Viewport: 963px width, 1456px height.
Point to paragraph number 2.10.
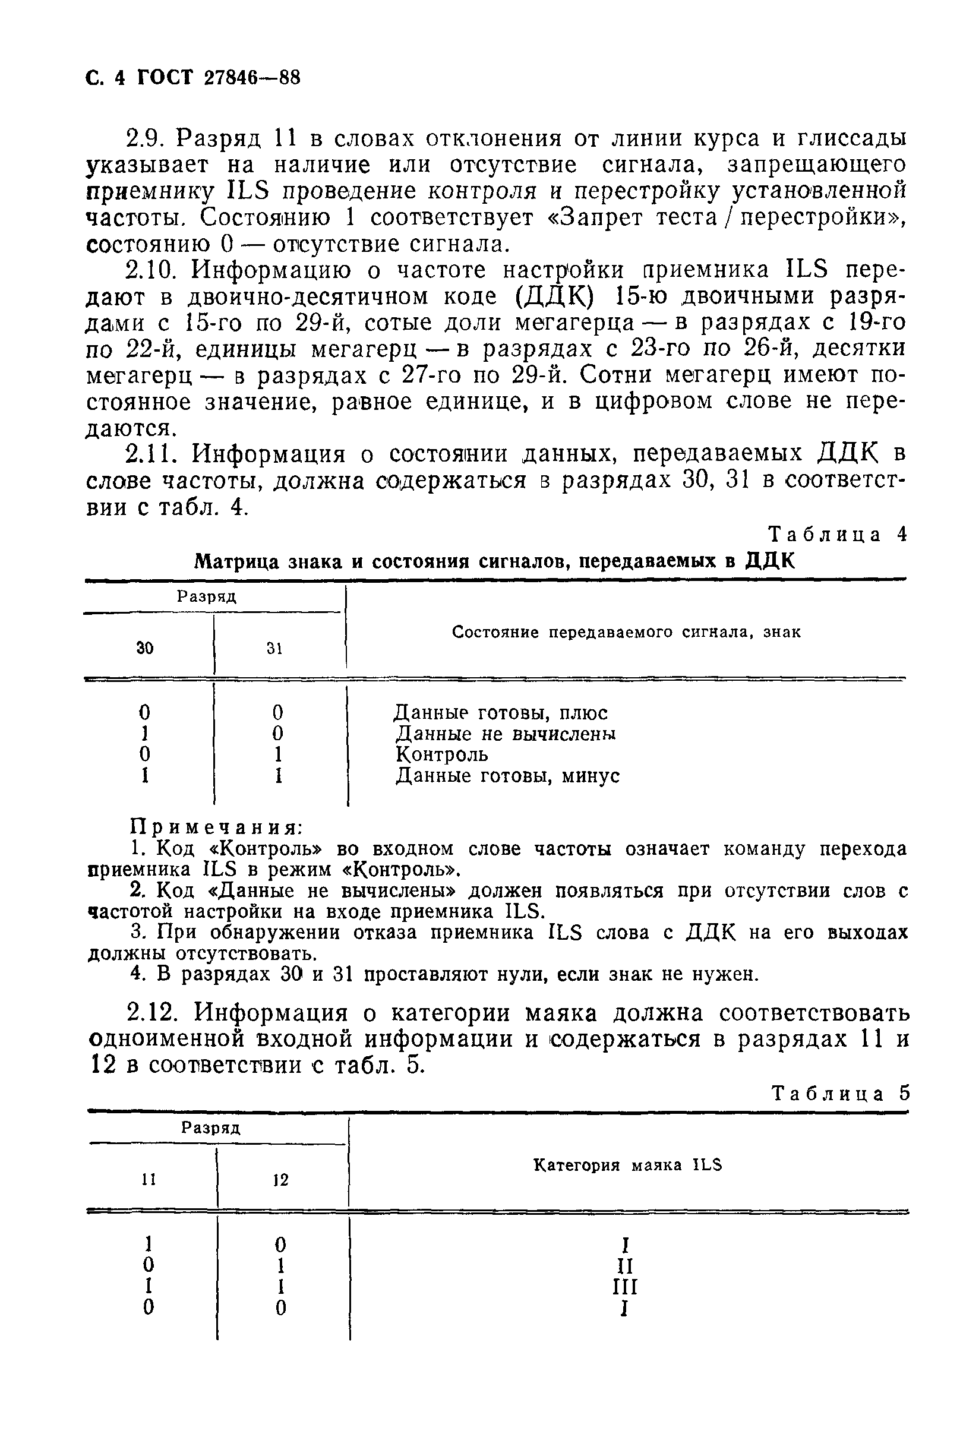(153, 270)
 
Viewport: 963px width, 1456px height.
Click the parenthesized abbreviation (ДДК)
(554, 296)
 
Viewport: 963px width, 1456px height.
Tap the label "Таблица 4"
(838, 535)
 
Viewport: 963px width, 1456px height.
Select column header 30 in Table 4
(145, 648)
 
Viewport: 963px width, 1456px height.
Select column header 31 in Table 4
(274, 649)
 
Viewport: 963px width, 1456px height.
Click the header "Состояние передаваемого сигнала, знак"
(626, 633)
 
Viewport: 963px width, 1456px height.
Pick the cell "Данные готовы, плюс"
(501, 713)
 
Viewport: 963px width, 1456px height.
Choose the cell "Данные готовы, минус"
(507, 776)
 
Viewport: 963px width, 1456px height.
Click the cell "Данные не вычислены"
(506, 734)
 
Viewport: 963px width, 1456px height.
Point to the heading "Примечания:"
(217, 827)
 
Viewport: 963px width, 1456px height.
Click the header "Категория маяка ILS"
(627, 1165)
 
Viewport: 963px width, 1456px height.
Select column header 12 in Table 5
(280, 1180)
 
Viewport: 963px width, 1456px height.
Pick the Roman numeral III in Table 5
(624, 1287)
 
